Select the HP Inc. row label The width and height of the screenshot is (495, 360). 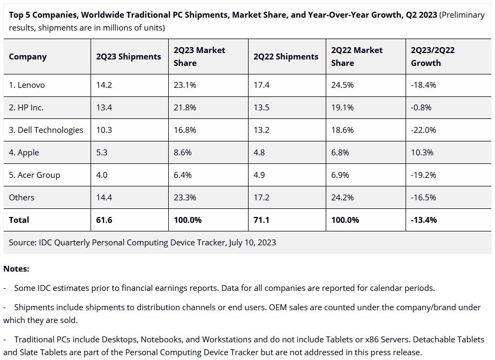tap(26, 108)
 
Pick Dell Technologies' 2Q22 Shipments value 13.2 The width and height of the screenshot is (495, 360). tap(261, 130)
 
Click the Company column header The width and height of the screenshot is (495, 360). tap(28, 57)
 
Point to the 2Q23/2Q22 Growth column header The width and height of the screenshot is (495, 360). tap(432, 56)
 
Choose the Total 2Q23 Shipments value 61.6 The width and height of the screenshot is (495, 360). tap(104, 220)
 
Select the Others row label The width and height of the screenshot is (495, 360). tap(21, 198)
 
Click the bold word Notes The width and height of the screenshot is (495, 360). tap(16, 269)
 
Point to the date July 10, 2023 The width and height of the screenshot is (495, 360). tap(252, 243)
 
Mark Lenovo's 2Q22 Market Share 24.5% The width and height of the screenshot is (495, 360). tap(343, 85)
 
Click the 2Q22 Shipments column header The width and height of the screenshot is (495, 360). tap(286, 57)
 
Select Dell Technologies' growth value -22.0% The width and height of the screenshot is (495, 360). tap(423, 130)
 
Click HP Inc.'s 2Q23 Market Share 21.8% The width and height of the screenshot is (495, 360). tap(185, 108)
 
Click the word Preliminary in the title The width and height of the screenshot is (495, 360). tap(461, 15)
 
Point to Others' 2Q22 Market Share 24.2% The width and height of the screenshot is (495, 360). tap(343, 198)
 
